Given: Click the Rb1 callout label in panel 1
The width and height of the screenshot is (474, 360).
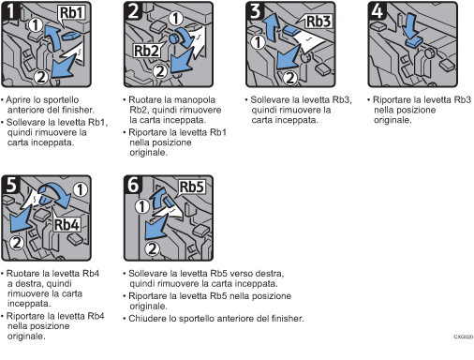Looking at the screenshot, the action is point(71,13).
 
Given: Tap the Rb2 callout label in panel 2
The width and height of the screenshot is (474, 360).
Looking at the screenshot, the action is point(146,51).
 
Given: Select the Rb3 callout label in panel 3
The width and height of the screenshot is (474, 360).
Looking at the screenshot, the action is point(318,22).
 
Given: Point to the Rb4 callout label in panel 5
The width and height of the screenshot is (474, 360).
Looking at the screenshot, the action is point(67,224).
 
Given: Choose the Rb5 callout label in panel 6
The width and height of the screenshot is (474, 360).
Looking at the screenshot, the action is point(191,187).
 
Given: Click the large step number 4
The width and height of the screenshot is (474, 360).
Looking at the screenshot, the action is point(378,11).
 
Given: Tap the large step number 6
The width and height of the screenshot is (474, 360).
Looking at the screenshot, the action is point(133,185).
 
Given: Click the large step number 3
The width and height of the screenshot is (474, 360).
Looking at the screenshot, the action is point(256,11).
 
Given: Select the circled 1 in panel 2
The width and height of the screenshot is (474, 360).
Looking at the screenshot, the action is point(176,19).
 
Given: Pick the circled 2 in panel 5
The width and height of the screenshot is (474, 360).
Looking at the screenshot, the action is point(17,243).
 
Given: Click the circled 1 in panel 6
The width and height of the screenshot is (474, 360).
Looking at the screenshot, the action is point(142,206).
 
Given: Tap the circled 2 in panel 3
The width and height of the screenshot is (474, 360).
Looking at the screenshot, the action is point(290,78).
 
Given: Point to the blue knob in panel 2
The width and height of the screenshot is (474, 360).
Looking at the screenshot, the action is point(173,39).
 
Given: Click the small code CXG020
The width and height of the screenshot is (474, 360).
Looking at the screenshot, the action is point(464,337).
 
